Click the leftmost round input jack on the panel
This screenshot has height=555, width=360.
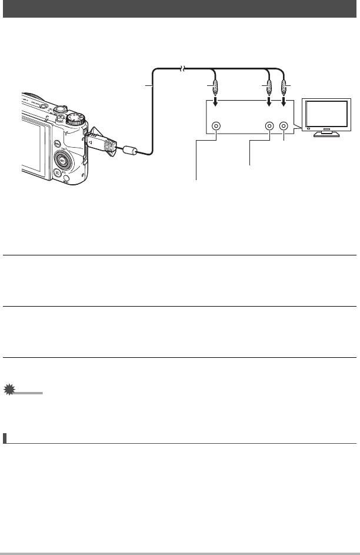217,126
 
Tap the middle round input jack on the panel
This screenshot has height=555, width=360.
269,126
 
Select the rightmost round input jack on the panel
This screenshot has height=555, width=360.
284,126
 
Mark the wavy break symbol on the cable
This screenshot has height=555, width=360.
182,69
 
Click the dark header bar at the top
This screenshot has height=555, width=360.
180,9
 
